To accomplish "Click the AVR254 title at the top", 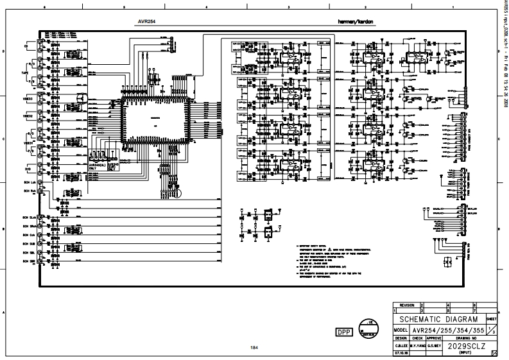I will (x=148, y=21).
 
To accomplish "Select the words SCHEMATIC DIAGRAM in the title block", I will (x=438, y=319).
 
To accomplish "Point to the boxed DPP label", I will (x=344, y=331).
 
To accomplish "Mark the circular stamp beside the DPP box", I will (x=369, y=327).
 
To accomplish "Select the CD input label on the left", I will (x=26, y=47).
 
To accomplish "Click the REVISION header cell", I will (x=407, y=305).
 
